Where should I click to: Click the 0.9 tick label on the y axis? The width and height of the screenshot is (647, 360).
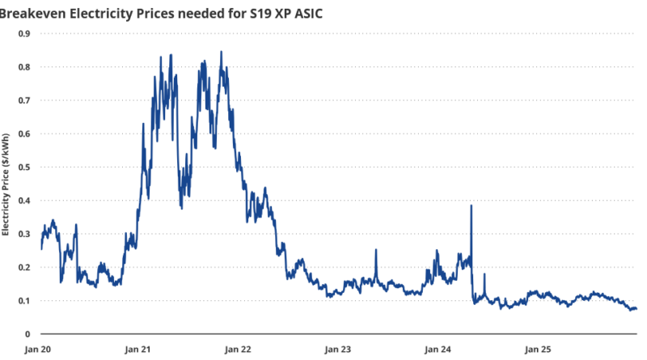point(24,33)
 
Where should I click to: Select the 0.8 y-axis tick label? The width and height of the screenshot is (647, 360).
point(24,66)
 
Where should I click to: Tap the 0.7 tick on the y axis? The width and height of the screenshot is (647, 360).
point(24,100)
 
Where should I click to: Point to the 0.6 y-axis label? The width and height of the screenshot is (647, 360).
point(24,133)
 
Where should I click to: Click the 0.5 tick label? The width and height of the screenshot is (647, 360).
point(24,167)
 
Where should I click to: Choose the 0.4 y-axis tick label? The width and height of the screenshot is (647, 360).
point(24,201)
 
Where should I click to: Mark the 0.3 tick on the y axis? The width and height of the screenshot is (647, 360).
point(24,234)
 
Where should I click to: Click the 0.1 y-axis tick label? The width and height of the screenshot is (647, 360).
point(24,301)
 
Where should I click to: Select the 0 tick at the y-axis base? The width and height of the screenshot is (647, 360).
point(27,334)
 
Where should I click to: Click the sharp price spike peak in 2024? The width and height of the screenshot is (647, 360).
point(471,206)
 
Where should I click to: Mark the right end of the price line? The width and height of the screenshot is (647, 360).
point(636,308)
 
